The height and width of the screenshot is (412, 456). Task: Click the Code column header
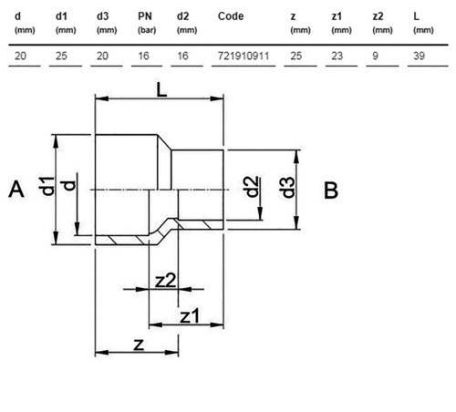231,16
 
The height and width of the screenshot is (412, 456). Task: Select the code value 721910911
244,56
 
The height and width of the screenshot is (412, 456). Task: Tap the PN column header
145,16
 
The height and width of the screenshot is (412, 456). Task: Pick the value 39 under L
419,56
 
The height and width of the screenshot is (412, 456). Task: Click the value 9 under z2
376,56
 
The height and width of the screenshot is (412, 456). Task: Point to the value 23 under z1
337,56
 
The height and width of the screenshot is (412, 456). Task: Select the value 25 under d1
61,56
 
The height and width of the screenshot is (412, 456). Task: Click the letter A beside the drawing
16,190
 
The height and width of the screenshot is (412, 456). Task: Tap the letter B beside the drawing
331,191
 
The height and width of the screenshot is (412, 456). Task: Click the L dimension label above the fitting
161,89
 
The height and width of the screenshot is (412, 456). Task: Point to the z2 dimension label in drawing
165,281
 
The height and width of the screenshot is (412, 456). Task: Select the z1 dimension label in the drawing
190,316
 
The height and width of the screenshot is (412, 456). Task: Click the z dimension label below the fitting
139,345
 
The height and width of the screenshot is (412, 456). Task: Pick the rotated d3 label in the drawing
288,188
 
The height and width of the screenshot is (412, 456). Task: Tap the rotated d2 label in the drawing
251,187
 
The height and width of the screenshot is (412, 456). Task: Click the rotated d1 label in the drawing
47,186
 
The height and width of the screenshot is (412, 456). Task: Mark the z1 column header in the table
337,16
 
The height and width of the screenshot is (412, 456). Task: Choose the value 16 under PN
143,56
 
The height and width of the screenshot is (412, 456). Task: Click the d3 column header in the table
102,16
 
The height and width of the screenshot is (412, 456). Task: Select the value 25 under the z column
296,56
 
